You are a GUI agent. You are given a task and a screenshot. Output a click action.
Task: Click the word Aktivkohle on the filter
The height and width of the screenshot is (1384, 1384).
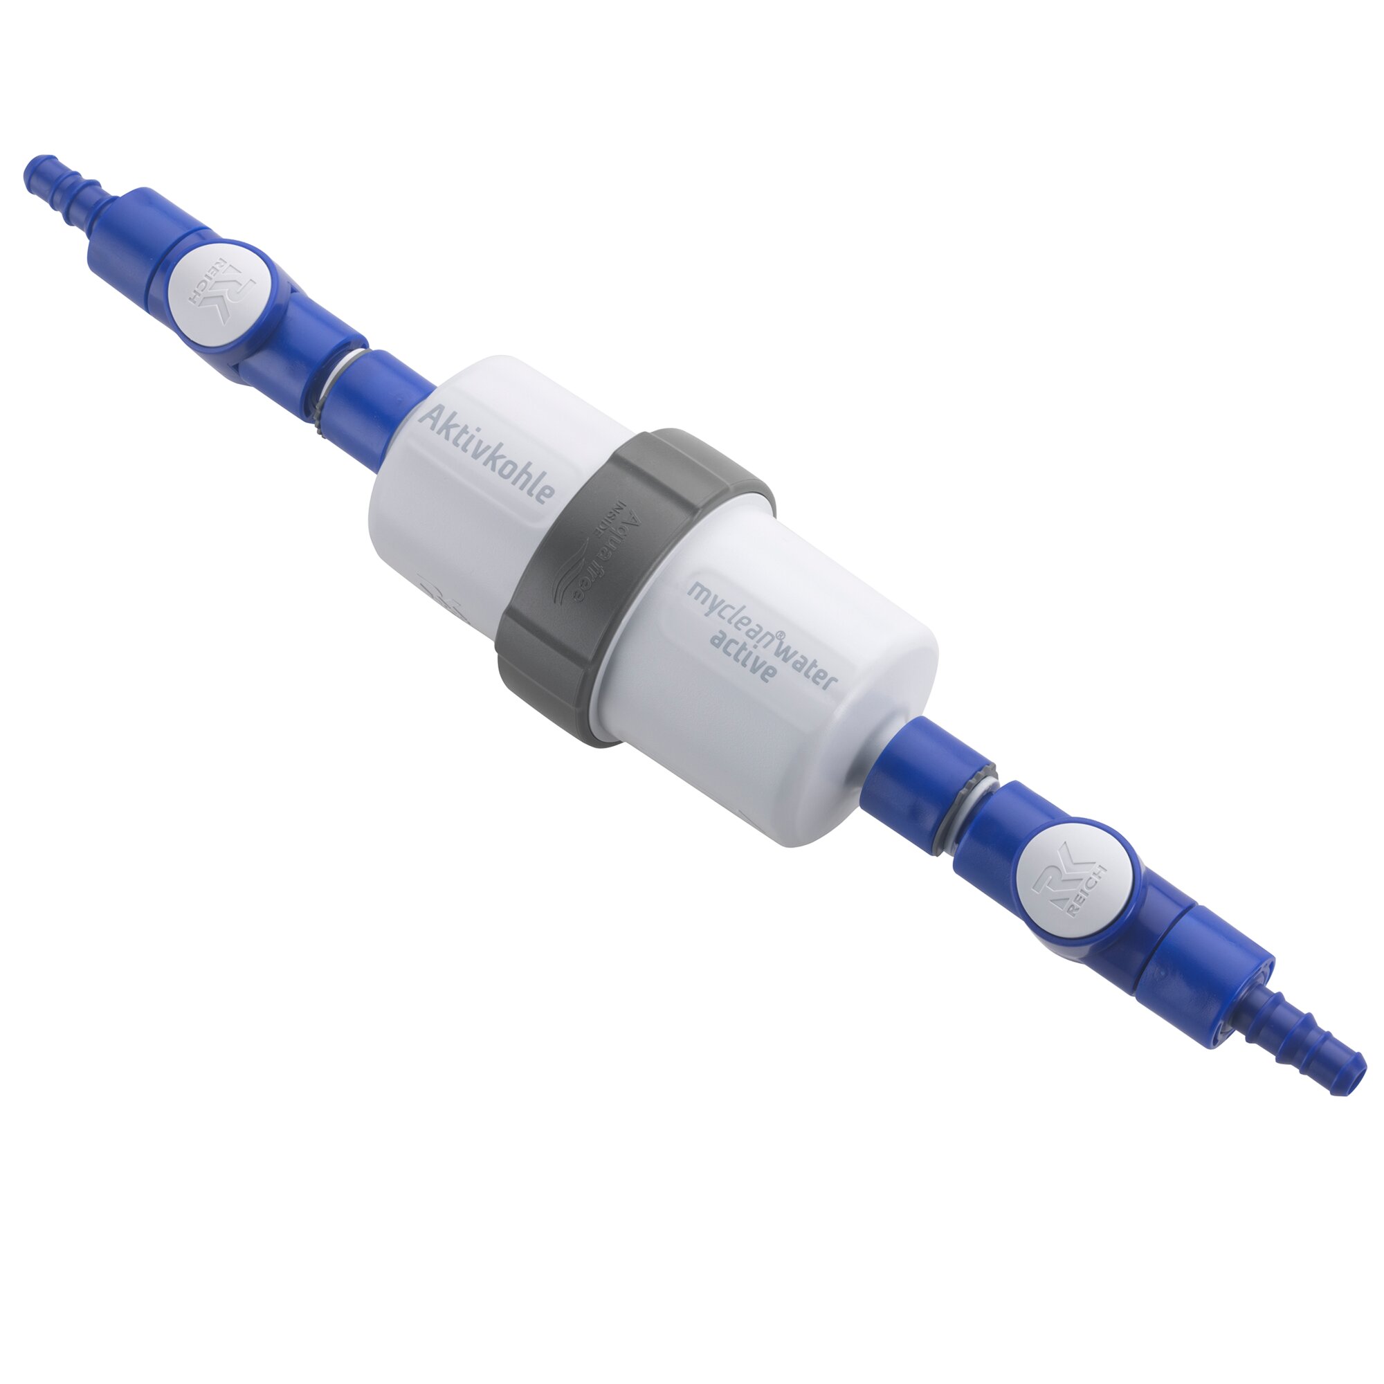click(x=488, y=455)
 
